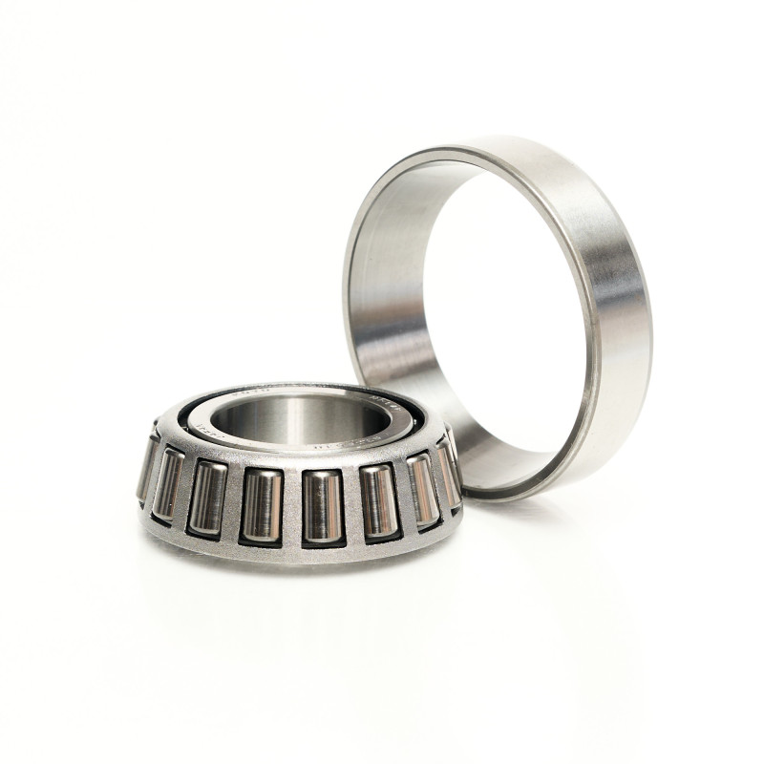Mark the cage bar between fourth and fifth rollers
[x=291, y=506]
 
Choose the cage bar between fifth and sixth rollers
[x=350, y=503]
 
